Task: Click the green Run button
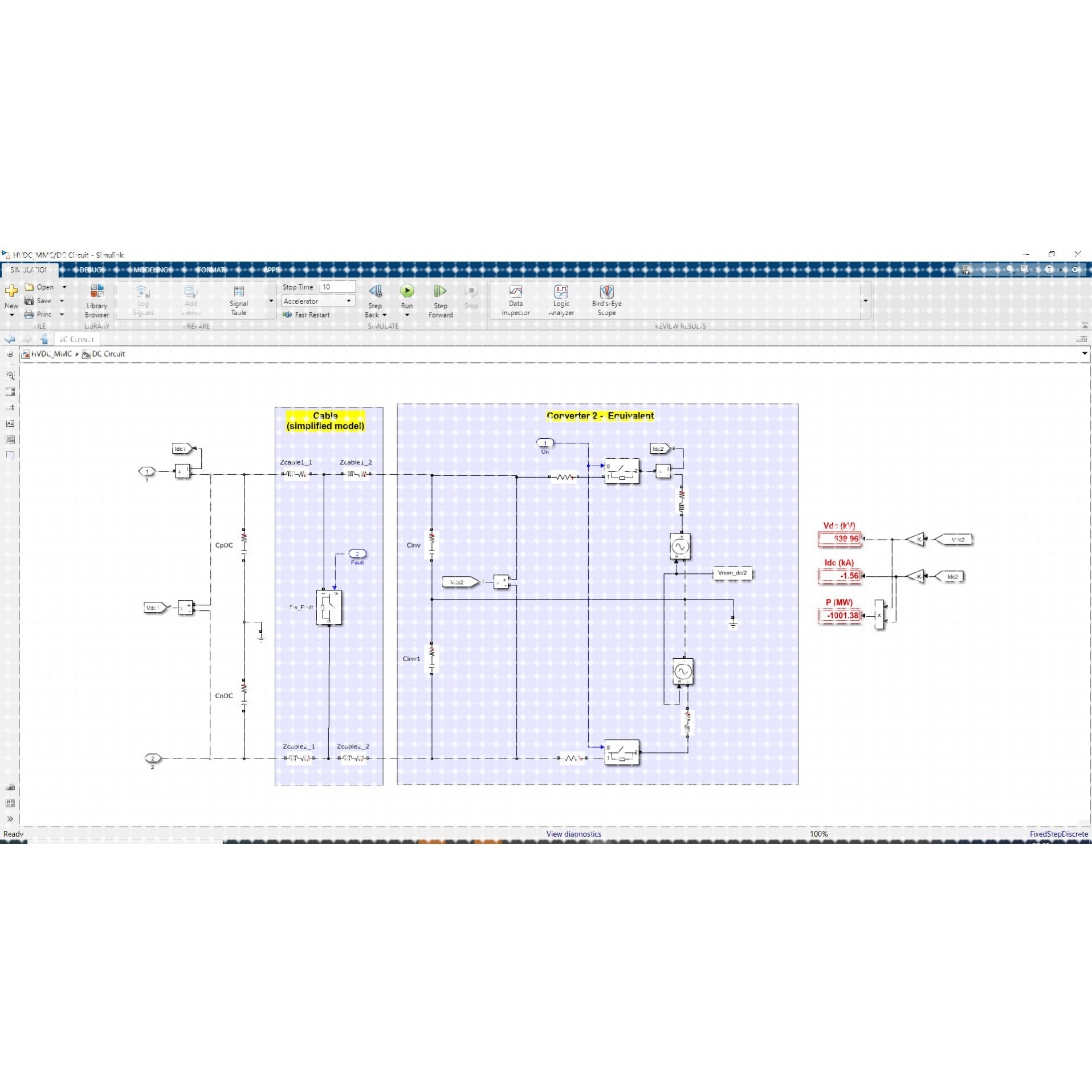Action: point(406,291)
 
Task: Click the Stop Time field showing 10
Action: point(337,287)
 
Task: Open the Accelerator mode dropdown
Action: point(318,301)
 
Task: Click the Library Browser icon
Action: point(97,292)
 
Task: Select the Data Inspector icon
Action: point(515,292)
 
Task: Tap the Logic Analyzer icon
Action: point(561,292)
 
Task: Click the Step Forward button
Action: point(440,292)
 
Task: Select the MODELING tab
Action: point(150,270)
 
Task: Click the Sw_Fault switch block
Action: point(329,608)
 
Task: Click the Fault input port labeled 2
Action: point(357,553)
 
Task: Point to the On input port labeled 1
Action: point(545,443)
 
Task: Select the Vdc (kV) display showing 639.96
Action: point(839,539)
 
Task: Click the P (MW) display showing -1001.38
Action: point(840,616)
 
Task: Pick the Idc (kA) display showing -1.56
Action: point(839,576)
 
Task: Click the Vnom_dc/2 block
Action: point(732,573)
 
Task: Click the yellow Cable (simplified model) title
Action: point(325,421)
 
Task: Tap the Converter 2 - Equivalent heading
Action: point(600,415)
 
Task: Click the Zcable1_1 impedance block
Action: point(296,474)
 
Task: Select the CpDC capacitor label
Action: point(223,545)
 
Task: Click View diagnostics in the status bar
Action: point(573,834)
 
